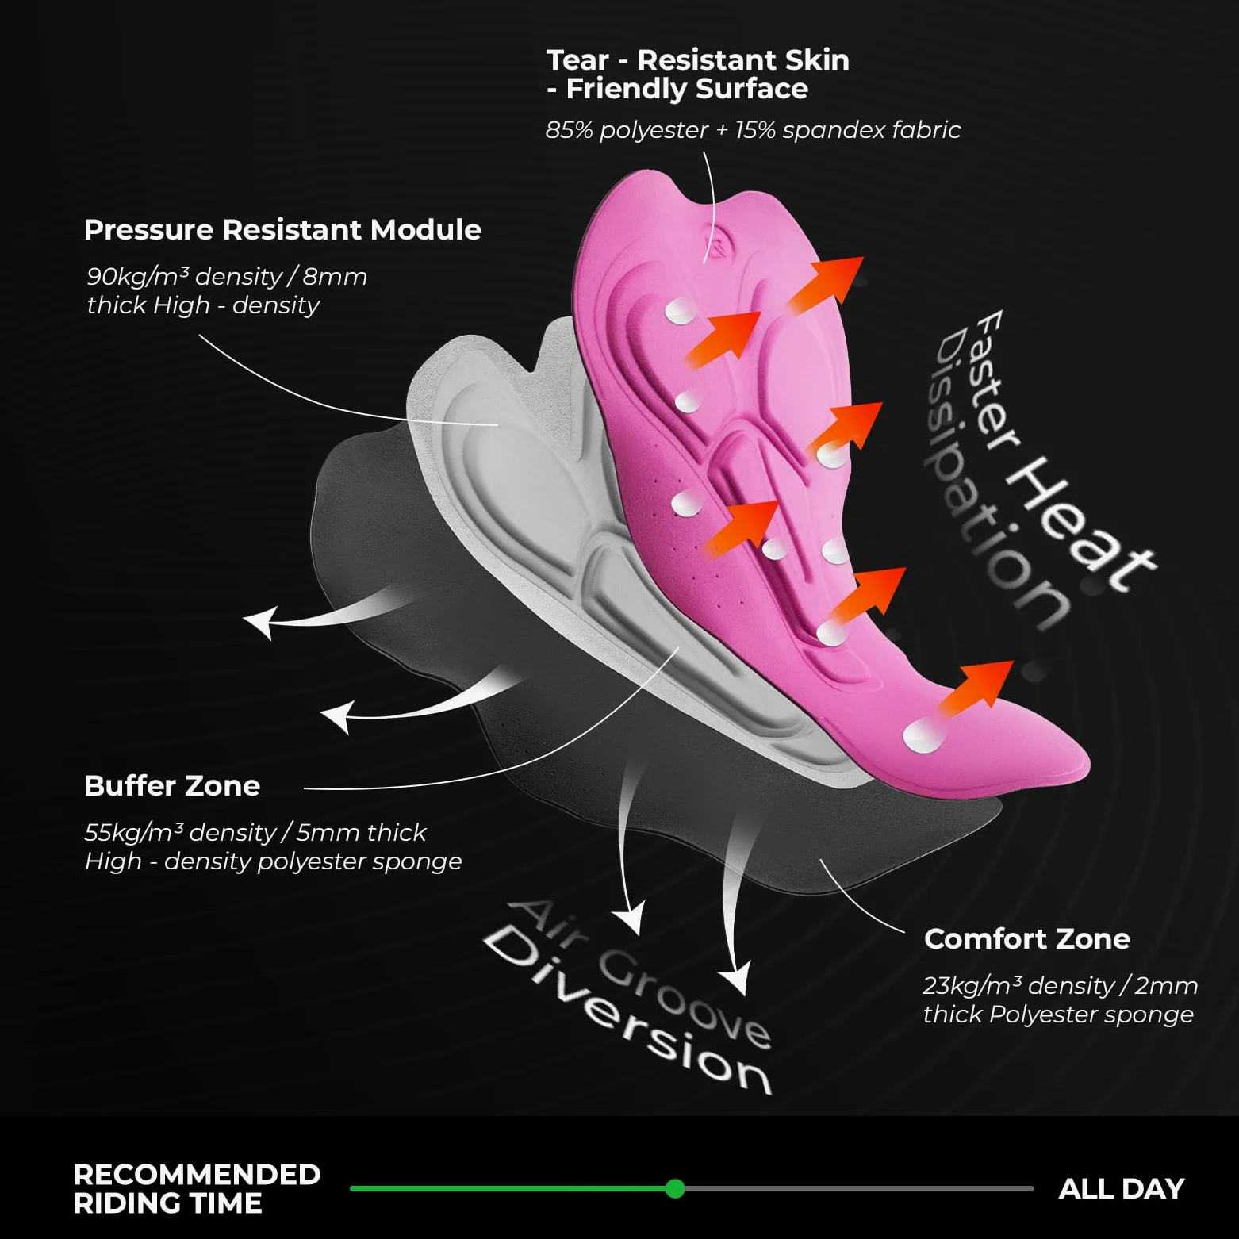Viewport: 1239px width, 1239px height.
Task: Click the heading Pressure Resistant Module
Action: (282, 230)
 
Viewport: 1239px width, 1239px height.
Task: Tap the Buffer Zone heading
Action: (172, 786)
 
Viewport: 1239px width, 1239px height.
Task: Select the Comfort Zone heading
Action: (1027, 939)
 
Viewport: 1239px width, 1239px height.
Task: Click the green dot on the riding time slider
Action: (675, 1188)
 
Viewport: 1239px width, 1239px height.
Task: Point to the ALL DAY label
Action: (1122, 1189)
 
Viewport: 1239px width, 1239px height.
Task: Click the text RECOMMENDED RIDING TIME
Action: (197, 1189)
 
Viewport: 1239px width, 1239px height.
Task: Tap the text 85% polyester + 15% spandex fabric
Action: (753, 130)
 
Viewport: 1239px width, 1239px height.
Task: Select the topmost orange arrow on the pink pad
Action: (825, 283)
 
